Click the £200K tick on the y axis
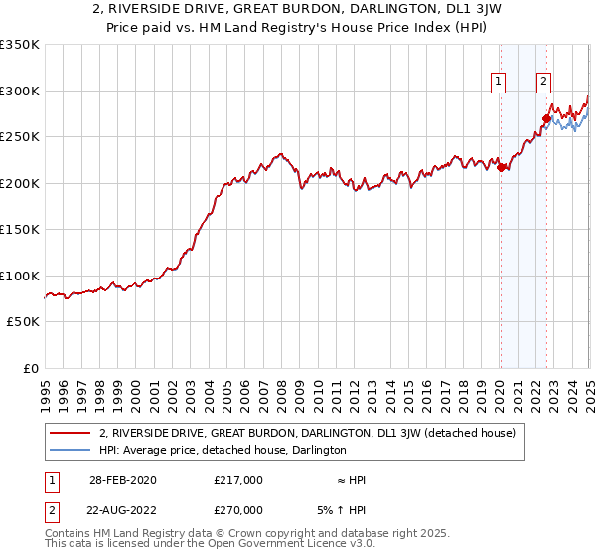coord(19,183)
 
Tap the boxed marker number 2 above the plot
coord(544,83)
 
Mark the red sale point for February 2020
coord(501,168)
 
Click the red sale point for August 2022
coord(546,119)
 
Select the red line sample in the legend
coord(70,434)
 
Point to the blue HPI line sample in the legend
coord(70,451)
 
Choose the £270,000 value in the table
coord(238,510)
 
